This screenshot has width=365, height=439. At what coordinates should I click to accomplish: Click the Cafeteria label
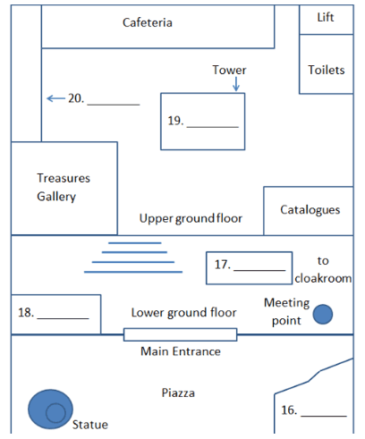(x=148, y=22)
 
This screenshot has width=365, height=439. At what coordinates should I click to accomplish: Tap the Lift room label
(x=326, y=17)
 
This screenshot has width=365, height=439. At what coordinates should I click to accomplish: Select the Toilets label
(x=327, y=70)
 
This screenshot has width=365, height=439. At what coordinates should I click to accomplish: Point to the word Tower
(x=229, y=70)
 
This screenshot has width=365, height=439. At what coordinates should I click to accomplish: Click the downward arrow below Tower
(x=236, y=84)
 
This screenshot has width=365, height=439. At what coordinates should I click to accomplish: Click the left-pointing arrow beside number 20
(x=55, y=98)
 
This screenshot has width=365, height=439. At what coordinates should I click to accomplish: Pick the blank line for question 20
(x=114, y=105)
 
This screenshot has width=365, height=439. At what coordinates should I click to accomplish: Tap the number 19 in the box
(x=175, y=121)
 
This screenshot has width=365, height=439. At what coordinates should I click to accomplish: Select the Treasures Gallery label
(x=64, y=187)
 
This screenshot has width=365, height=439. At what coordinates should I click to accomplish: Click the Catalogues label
(x=310, y=210)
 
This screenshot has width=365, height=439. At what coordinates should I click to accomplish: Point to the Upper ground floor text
(x=191, y=218)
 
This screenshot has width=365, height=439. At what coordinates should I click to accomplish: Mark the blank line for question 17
(x=259, y=270)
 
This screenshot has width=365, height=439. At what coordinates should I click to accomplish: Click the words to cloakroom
(x=323, y=269)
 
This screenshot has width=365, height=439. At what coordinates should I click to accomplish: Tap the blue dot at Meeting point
(x=323, y=314)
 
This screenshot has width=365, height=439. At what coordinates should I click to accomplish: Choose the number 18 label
(x=26, y=313)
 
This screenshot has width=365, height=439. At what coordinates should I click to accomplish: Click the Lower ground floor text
(x=183, y=313)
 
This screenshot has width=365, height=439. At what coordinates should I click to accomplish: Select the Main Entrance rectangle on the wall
(x=181, y=334)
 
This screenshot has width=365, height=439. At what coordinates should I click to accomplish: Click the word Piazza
(x=178, y=393)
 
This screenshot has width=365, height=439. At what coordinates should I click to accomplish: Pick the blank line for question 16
(x=324, y=416)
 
